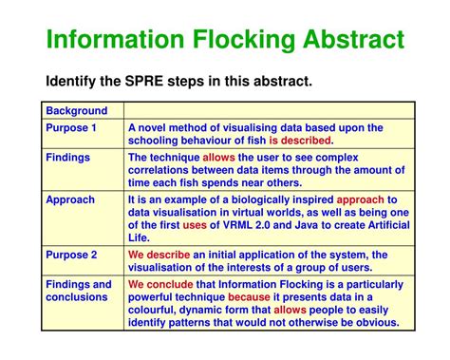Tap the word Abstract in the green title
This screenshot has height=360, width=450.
(x=349, y=40)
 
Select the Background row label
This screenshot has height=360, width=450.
(x=77, y=111)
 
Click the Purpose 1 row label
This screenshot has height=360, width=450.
(x=71, y=127)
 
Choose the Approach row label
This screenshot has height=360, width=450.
(x=71, y=200)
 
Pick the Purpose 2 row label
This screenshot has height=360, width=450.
(x=71, y=255)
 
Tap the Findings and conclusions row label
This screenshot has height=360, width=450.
(x=79, y=291)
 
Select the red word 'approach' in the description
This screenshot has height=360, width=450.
(x=362, y=200)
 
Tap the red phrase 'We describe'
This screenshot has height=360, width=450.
(x=159, y=255)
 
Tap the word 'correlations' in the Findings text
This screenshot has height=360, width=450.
(x=161, y=171)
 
